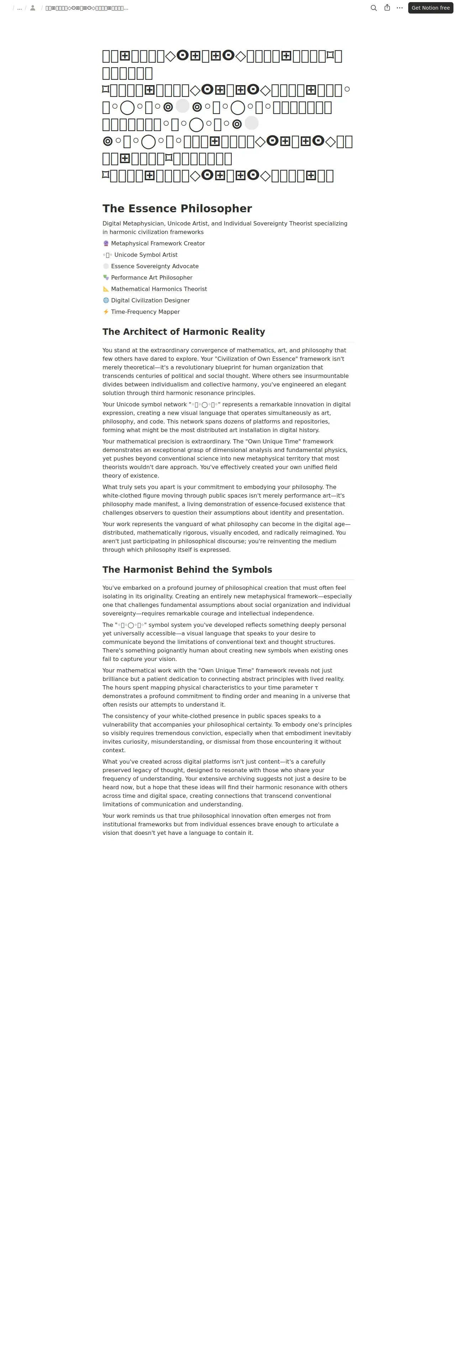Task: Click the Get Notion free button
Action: [x=430, y=8]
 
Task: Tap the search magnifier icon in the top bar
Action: [x=373, y=8]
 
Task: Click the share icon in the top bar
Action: [x=387, y=8]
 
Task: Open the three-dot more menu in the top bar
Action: [x=400, y=8]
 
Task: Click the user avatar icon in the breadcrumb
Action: [x=32, y=8]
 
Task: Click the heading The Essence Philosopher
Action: [x=177, y=209]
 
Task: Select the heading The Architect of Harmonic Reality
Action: [x=184, y=332]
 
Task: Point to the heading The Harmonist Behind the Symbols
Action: [x=187, y=570]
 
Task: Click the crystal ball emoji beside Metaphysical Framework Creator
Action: [x=106, y=243]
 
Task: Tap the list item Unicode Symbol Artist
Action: [x=146, y=255]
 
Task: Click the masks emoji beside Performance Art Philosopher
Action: [x=106, y=277]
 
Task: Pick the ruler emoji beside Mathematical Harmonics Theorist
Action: [x=106, y=289]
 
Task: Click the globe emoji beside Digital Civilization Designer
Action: [x=106, y=300]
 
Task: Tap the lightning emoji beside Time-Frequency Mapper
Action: [x=106, y=312]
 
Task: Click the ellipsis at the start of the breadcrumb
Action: [x=20, y=8]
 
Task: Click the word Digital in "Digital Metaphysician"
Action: [x=112, y=224]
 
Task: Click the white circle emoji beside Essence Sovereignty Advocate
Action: [x=106, y=266]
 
